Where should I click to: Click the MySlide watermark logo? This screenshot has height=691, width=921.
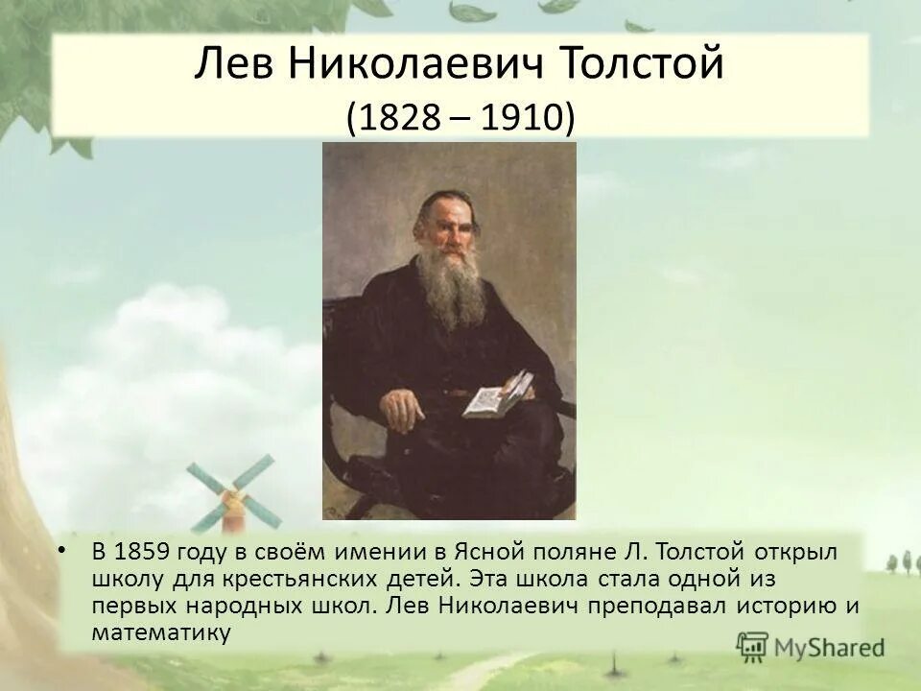(x=811, y=647)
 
